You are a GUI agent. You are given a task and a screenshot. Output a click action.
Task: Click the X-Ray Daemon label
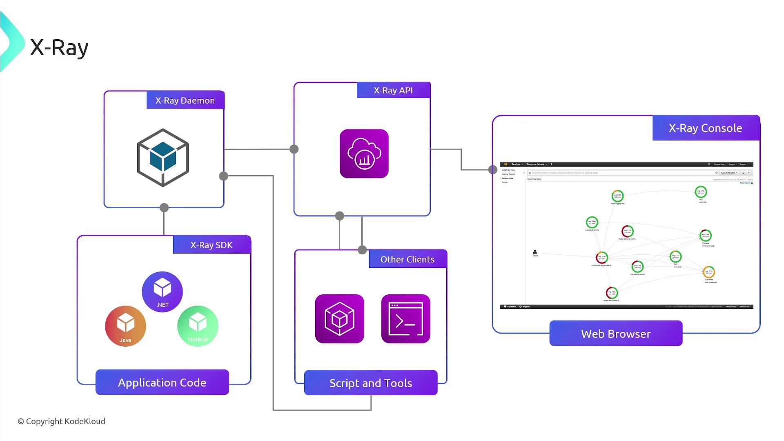click(x=185, y=100)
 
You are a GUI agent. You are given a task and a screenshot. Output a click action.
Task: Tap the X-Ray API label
click(x=393, y=90)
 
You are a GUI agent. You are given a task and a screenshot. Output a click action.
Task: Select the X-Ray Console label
click(x=705, y=128)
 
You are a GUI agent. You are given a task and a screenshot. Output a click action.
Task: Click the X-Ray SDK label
click(x=212, y=245)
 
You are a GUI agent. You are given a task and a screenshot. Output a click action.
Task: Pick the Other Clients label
click(x=407, y=259)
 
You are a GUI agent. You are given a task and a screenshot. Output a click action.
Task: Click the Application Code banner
click(x=162, y=383)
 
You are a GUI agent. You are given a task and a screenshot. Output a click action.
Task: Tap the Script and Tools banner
click(x=370, y=383)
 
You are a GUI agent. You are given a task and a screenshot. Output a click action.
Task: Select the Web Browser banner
click(x=616, y=334)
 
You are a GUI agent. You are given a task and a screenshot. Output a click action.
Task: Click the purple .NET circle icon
click(x=162, y=292)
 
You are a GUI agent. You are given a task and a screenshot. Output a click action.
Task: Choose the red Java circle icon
click(x=125, y=326)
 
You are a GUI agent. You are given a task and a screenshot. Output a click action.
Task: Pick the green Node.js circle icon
click(x=198, y=326)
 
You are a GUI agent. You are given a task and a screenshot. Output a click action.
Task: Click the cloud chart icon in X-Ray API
click(x=364, y=154)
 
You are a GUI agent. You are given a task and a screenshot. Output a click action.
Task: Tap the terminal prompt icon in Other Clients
click(x=405, y=319)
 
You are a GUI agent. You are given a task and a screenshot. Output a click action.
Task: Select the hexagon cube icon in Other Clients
click(x=339, y=319)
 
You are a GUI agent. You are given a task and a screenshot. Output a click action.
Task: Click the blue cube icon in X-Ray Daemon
click(x=163, y=158)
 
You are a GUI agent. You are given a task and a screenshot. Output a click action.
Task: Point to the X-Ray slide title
click(x=59, y=48)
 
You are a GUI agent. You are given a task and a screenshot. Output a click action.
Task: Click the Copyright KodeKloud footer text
click(x=61, y=421)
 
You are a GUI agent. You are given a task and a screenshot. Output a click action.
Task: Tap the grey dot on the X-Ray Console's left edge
click(x=493, y=169)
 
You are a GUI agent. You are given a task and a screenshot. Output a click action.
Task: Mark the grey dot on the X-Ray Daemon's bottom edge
click(x=164, y=207)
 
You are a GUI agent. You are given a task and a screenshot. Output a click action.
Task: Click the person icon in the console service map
click(x=535, y=252)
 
